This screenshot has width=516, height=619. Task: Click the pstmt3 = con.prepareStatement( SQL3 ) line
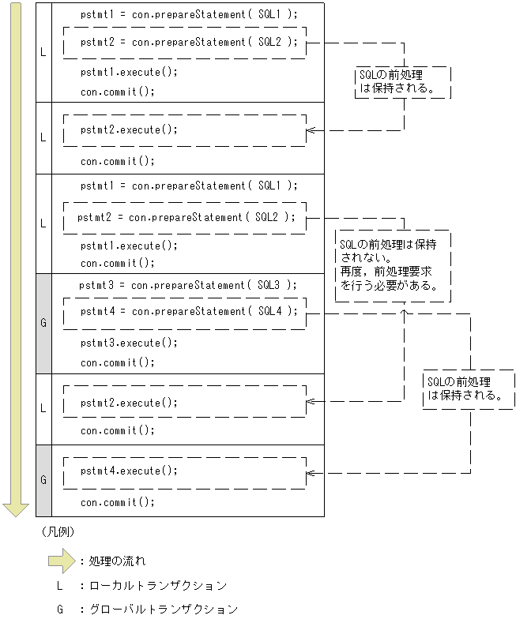click(x=188, y=285)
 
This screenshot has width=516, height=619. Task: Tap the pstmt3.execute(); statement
click(x=129, y=343)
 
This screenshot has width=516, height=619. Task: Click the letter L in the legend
click(x=58, y=586)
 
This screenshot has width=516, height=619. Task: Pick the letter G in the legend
click(x=58, y=609)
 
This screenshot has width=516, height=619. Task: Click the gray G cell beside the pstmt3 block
click(x=43, y=323)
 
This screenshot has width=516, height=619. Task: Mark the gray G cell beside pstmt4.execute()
click(x=43, y=479)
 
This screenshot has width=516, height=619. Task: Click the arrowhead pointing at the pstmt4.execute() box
click(x=310, y=474)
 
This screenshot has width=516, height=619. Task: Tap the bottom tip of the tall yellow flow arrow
click(x=15, y=513)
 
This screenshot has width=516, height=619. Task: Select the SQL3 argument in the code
click(x=269, y=285)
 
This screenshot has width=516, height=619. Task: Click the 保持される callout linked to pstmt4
click(x=468, y=388)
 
